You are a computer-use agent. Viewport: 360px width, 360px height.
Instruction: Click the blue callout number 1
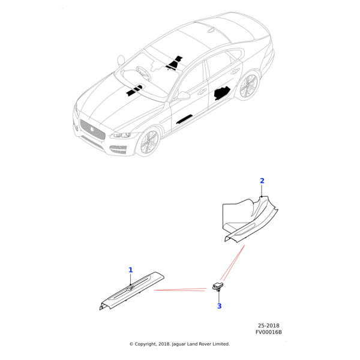click(130, 270)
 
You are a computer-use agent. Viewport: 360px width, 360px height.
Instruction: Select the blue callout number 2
click(262, 181)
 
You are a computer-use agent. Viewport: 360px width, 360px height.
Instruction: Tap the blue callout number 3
click(219, 306)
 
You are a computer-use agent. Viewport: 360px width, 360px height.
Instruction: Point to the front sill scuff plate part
click(132, 290)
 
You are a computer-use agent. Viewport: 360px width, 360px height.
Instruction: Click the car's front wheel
click(149, 142)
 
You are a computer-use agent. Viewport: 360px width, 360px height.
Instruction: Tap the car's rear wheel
click(249, 86)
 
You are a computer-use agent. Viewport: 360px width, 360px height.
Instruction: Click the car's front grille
click(92, 129)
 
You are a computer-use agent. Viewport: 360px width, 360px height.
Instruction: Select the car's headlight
click(121, 135)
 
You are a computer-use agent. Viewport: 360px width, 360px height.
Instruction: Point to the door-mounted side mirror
click(183, 96)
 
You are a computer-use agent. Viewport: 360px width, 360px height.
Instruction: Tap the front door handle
click(202, 91)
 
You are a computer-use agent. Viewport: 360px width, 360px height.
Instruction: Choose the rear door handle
click(235, 71)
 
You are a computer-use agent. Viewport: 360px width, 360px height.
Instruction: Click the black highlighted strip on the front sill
click(184, 119)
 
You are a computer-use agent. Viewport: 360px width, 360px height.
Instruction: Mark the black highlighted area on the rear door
click(222, 93)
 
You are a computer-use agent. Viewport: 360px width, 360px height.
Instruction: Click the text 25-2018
click(268, 326)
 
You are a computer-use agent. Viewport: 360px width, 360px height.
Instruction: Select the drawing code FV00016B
click(269, 332)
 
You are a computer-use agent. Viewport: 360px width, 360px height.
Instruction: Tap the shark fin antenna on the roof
click(211, 31)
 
